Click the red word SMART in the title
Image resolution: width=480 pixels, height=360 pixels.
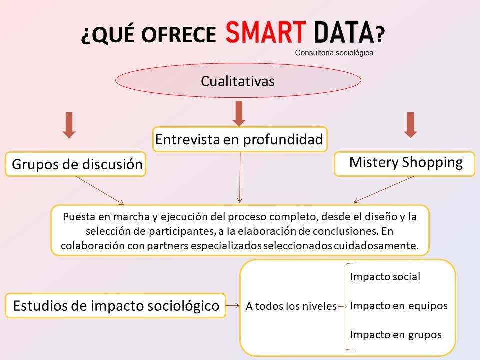coord(265,32)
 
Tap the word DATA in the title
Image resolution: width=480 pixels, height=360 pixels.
coord(344,32)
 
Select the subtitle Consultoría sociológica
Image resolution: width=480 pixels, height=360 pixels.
coord(334,53)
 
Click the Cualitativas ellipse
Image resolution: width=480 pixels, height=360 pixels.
coord(238,80)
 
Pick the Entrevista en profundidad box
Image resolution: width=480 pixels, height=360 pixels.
coord(240,139)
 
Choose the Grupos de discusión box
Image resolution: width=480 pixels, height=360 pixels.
coord(75,164)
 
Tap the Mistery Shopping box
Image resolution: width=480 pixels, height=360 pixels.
coord(404,164)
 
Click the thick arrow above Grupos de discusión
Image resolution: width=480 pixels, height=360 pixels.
coord(69,125)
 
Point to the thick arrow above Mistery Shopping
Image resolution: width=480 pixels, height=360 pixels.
coord(411,125)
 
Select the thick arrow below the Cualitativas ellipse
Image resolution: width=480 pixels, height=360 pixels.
coord(239,114)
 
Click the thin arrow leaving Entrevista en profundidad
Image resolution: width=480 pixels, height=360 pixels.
coord(240,177)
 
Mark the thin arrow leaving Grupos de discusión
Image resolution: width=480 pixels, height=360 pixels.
coord(100,190)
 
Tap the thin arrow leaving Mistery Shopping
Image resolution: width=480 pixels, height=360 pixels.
coord(384,189)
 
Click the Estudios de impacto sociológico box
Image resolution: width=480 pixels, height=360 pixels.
coord(115,306)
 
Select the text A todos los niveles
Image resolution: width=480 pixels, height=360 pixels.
coord(291,306)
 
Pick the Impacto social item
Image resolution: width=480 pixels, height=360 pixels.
coord(385,277)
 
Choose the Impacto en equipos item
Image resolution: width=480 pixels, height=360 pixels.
coord(399,306)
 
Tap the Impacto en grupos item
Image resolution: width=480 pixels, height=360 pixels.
coord(396,335)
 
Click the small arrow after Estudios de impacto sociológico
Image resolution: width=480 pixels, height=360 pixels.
coord(233,306)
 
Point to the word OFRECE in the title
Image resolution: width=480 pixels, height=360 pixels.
coord(179,34)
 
